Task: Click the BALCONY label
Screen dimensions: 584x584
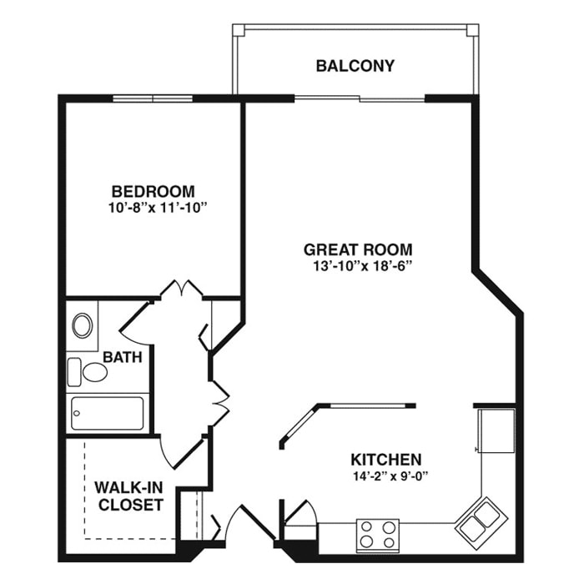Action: pyautogui.click(x=355, y=66)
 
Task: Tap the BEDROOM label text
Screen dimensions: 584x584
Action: pyautogui.click(x=153, y=191)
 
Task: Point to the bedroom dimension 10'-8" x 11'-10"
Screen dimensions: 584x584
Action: pyautogui.click(x=157, y=208)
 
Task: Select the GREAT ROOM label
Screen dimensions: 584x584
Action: pyautogui.click(x=358, y=249)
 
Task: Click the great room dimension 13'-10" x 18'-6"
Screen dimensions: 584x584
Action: pyautogui.click(x=362, y=266)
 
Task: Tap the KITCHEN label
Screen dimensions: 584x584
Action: pyautogui.click(x=385, y=460)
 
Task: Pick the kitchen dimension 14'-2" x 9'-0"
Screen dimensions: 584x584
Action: pyautogui.click(x=390, y=476)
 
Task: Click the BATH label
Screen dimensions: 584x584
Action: pyautogui.click(x=123, y=357)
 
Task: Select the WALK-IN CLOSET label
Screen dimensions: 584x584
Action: pyautogui.click(x=129, y=496)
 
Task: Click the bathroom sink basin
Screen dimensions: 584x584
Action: pyautogui.click(x=83, y=325)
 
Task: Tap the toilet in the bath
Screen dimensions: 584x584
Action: pyautogui.click(x=87, y=372)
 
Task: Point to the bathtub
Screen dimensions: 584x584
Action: pyautogui.click(x=108, y=413)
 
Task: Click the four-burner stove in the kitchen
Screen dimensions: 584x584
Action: pyautogui.click(x=378, y=536)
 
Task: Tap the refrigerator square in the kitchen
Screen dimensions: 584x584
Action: pyautogui.click(x=496, y=430)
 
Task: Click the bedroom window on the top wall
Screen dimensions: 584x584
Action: pyautogui.click(x=153, y=98)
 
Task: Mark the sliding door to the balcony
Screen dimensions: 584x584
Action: pyautogui.click(x=360, y=98)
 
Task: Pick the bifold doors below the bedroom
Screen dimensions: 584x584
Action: pyautogui.click(x=181, y=289)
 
